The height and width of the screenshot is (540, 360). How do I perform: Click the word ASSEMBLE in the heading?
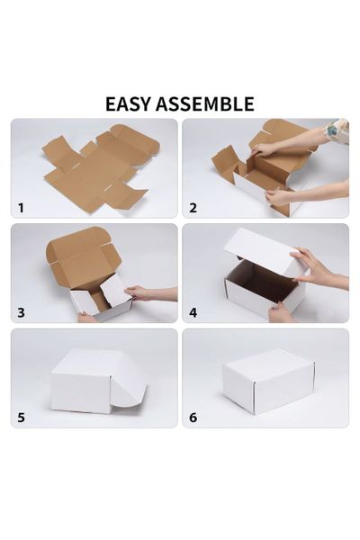[x=205, y=103]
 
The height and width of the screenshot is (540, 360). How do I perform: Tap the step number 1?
[x=21, y=207]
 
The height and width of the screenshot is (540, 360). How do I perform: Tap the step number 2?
[x=193, y=207]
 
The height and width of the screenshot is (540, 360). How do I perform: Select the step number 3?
[x=21, y=312]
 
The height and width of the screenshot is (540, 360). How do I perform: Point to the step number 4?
[x=193, y=312]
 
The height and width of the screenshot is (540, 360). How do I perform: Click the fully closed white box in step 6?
[x=268, y=382]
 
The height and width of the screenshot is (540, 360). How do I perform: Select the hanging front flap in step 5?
[x=129, y=382]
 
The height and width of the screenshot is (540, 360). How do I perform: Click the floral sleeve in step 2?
[x=337, y=131]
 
